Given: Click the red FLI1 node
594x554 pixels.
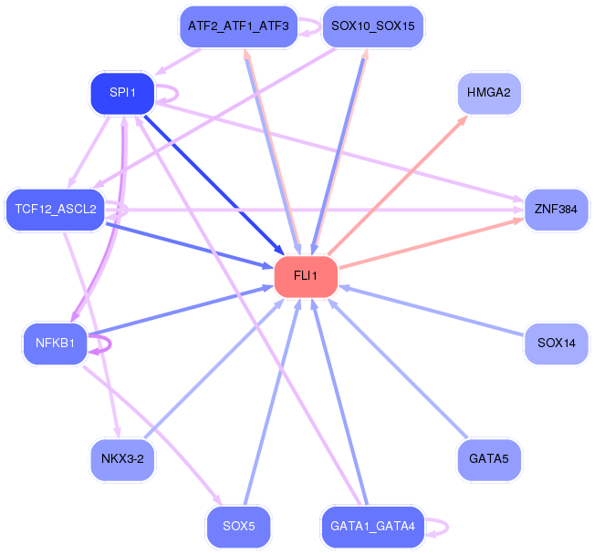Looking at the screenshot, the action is (306, 277).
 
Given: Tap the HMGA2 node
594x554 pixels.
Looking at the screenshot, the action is (489, 93).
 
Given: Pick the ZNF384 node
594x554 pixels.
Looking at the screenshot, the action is (556, 210).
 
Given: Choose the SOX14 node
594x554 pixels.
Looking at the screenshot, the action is (556, 344).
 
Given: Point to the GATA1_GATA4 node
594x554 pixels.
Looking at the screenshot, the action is (373, 527).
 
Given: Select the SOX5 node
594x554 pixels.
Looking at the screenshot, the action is (239, 527).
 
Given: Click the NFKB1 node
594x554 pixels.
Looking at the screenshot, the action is (56, 344).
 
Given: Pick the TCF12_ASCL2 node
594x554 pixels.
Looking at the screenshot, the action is (56, 210).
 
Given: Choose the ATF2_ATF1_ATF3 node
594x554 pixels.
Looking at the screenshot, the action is (239, 26).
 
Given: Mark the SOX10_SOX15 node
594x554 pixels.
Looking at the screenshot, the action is (373, 26).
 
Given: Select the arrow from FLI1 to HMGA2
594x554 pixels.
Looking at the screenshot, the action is (398, 185).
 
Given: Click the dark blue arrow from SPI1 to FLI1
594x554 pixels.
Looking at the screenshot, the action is (214, 185).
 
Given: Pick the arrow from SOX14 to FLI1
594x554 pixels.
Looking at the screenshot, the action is (431, 311).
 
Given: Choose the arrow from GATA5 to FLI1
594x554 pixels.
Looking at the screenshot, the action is (398, 369).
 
